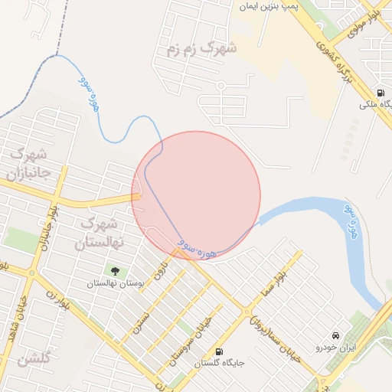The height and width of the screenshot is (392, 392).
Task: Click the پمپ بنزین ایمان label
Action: (x=269, y=6)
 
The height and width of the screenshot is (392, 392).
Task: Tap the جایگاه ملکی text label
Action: (x=377, y=105)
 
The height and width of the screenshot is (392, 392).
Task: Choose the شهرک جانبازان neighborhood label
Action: (x=28, y=163)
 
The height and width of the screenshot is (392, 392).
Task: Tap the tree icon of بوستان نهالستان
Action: (x=116, y=270)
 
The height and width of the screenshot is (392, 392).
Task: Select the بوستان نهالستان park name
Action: (x=116, y=283)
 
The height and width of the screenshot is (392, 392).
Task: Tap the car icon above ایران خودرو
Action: (x=335, y=335)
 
